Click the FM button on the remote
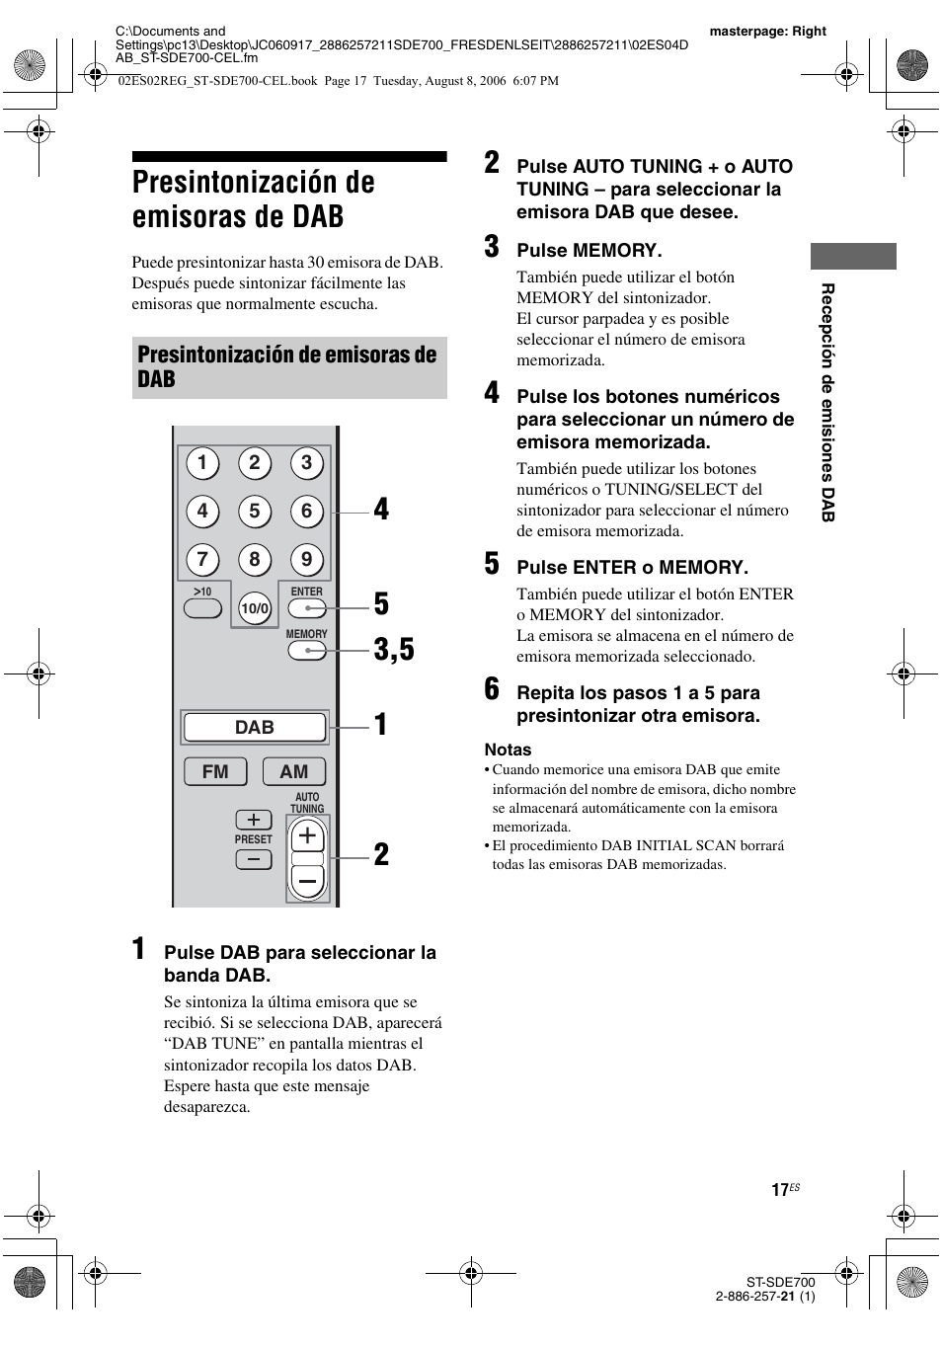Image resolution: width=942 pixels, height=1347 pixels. [215, 771]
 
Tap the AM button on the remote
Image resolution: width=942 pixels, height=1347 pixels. [293, 771]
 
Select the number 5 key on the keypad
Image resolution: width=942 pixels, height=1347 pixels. [255, 511]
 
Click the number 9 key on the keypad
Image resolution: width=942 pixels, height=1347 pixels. [306, 560]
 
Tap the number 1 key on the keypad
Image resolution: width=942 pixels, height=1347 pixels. [202, 462]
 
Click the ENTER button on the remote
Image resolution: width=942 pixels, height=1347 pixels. [306, 608]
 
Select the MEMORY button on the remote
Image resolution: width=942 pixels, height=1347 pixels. [306, 651]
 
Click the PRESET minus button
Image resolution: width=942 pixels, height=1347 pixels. [254, 860]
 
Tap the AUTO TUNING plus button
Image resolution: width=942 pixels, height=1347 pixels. [307, 836]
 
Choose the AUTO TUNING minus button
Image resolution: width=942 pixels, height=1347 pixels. [307, 880]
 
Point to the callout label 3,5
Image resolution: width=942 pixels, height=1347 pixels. [394, 650]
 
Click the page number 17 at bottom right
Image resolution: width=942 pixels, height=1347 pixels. [780, 1190]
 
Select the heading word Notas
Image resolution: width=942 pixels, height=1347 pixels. [508, 750]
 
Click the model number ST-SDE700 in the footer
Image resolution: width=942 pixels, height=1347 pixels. [780, 1282]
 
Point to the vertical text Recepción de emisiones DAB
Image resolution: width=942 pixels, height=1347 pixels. [828, 403]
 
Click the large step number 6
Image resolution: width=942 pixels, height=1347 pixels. [492, 689]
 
